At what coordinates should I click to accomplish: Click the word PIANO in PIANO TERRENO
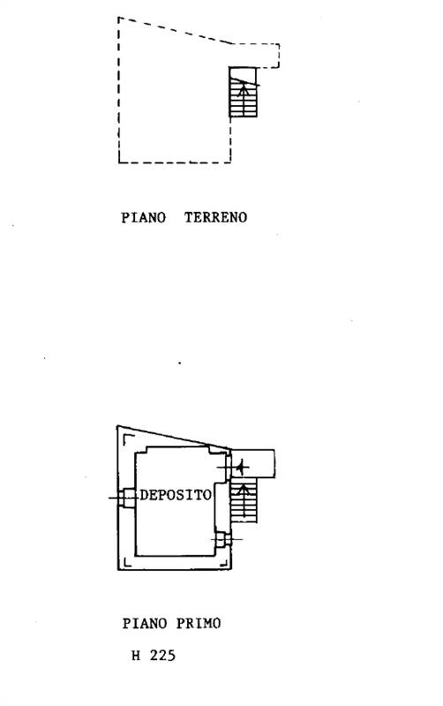[x=144, y=217]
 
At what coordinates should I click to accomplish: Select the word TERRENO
[x=215, y=217]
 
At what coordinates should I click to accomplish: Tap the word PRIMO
[x=199, y=624]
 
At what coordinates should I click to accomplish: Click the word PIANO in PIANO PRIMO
[x=145, y=624]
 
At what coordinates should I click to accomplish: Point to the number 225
[x=162, y=655]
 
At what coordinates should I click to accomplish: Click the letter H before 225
[x=136, y=655]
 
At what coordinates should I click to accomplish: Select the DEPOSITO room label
[x=176, y=495]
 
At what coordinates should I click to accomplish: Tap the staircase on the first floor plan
[x=244, y=499]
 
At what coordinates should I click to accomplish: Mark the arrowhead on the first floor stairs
[x=244, y=488]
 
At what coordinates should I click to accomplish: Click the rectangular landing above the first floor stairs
[x=252, y=463]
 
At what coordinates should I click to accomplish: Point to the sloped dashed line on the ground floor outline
[x=176, y=31]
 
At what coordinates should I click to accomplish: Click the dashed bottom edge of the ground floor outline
[x=175, y=162]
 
